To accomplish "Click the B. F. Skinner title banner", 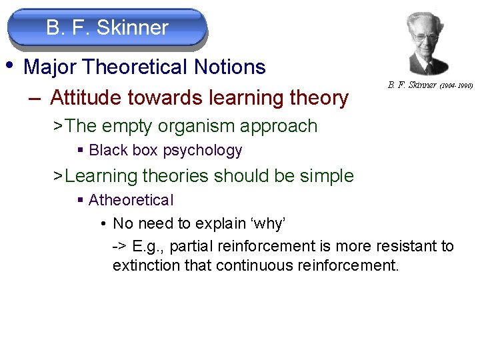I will [107, 28].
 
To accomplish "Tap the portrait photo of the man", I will [421, 43].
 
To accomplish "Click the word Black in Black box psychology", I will [108, 151].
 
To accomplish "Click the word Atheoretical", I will [131, 200].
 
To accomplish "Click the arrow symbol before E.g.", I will [119, 247].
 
